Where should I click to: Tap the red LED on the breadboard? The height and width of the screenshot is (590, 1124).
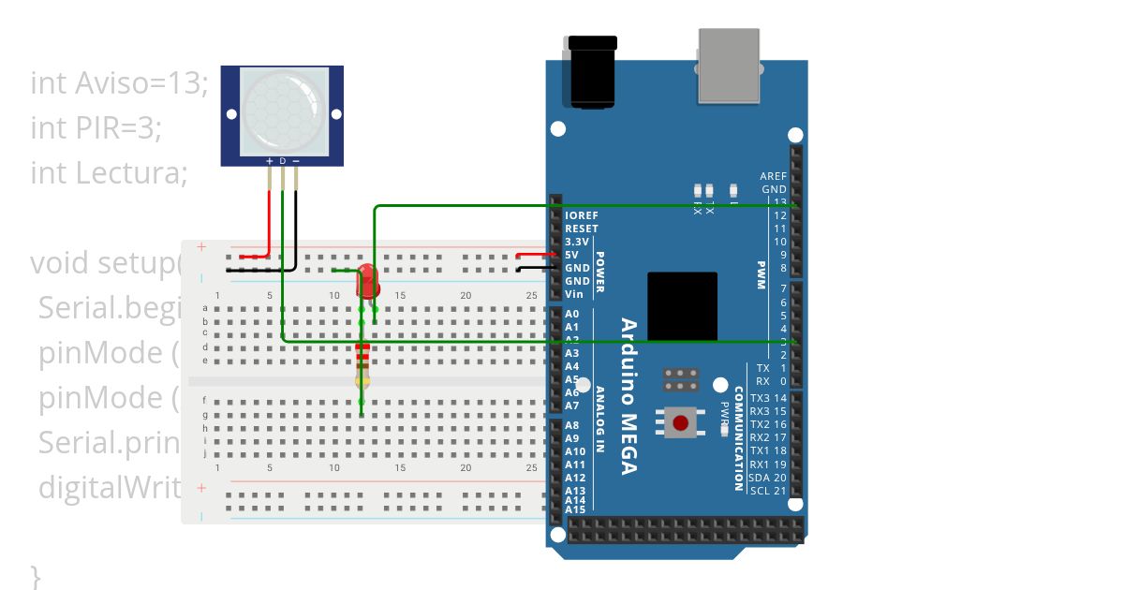366,279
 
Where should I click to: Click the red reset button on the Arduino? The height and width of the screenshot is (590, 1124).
681,422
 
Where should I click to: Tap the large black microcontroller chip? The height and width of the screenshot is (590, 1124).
682,306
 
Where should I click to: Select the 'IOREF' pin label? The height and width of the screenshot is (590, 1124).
582,215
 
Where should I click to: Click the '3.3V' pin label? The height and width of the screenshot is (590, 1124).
577,242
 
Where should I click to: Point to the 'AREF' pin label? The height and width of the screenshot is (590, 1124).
773,176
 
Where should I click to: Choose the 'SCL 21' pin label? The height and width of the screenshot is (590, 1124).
768,491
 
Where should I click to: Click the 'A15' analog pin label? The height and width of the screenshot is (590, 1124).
575,509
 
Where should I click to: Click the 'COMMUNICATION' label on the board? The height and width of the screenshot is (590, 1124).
739,438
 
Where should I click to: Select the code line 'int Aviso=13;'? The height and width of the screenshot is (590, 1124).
119,83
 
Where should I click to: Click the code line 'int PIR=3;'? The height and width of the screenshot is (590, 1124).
96,127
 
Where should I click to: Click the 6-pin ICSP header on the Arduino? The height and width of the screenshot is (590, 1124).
681,379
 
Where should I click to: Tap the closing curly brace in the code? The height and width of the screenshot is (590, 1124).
36,575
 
